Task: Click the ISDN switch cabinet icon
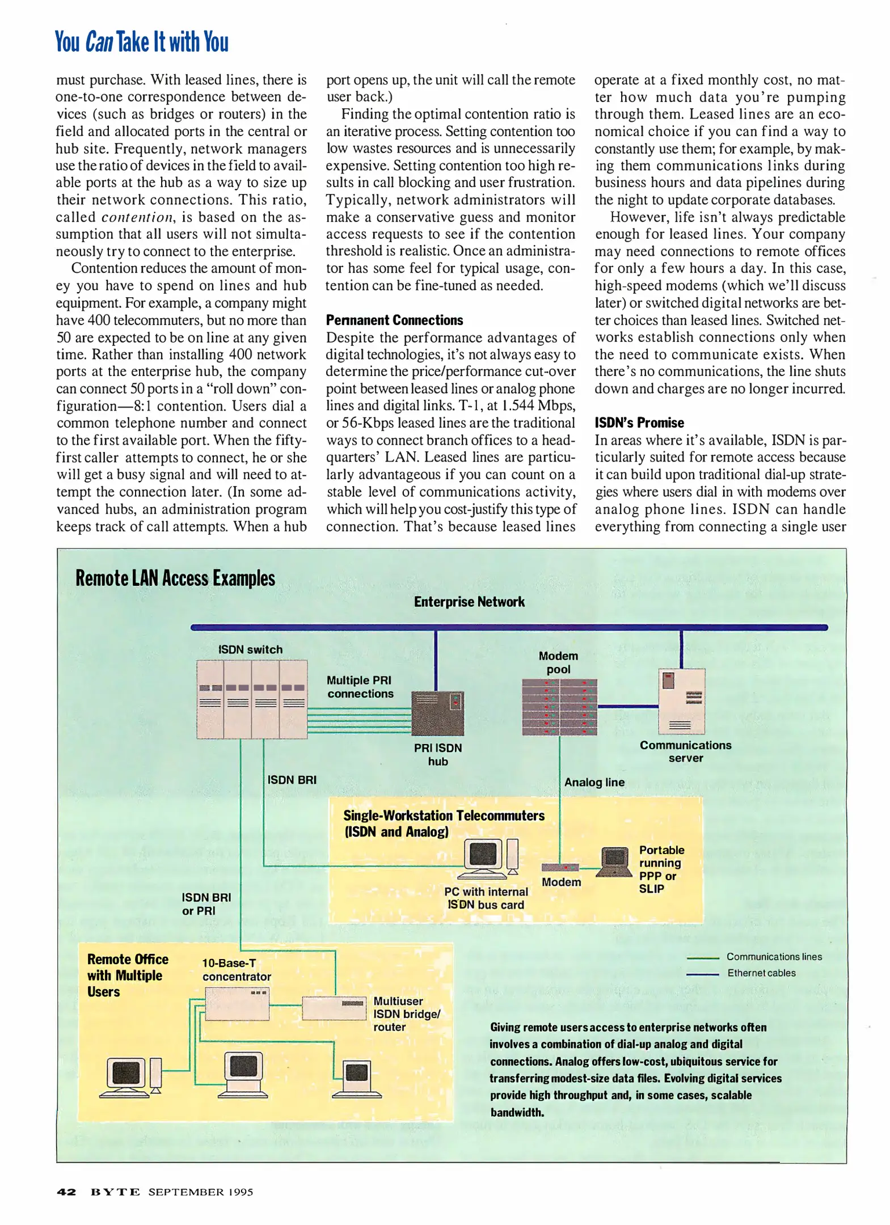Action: pos(251,699)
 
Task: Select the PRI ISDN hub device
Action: pos(437,713)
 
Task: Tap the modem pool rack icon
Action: pos(559,707)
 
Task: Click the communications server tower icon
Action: pos(681,701)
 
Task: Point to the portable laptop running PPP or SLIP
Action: pos(614,862)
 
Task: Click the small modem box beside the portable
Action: pos(559,867)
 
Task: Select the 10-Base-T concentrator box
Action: pos(237,1003)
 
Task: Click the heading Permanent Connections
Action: pos(394,320)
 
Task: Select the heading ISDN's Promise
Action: pos(639,423)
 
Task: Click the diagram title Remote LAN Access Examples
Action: pos(175,578)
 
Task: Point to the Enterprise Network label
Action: pos(469,602)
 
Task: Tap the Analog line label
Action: pos(594,782)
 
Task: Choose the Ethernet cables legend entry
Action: pos(761,973)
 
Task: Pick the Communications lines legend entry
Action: pos(773,957)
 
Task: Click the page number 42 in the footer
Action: pos(66,1192)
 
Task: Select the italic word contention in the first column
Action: pos(137,217)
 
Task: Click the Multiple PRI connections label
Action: pos(360,687)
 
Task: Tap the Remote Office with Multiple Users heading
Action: pos(128,975)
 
